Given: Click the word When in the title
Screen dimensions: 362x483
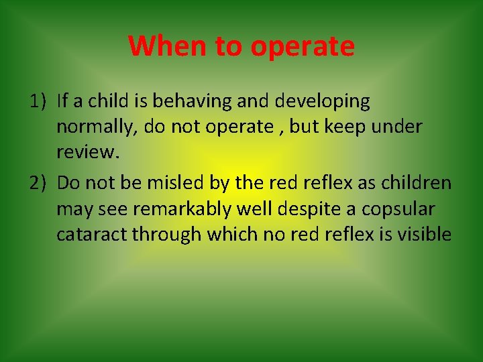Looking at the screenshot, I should (x=168, y=46).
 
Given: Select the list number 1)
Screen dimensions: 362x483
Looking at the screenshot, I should (x=38, y=101).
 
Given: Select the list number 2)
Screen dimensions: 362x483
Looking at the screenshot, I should (x=38, y=183).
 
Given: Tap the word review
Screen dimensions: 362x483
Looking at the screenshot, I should (x=87, y=152).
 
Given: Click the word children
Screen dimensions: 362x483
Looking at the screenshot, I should (x=417, y=183).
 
